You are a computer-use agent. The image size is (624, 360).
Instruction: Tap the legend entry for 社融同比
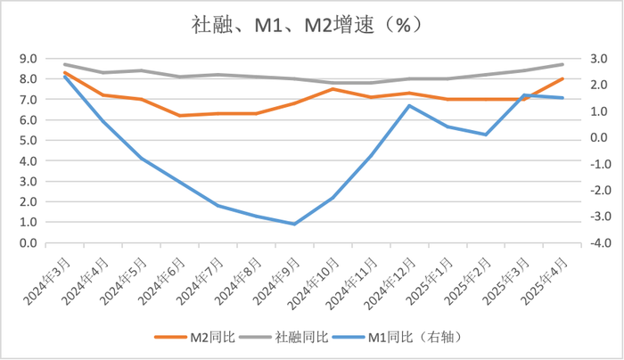(294, 337)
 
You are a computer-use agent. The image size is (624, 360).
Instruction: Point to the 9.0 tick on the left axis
(28, 59)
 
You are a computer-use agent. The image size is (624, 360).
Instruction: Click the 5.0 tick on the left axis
(28, 141)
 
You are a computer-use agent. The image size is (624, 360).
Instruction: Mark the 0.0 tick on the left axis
(28, 243)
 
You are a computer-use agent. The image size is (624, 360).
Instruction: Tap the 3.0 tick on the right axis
(594, 59)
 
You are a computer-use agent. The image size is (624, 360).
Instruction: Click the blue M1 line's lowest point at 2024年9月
(294, 224)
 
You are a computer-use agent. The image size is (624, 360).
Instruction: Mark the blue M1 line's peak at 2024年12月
(409, 106)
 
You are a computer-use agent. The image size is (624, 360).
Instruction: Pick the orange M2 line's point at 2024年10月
(333, 89)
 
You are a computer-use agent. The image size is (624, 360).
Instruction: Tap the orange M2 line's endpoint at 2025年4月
(562, 78)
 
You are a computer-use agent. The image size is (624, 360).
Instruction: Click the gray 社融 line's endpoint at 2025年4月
(562, 64)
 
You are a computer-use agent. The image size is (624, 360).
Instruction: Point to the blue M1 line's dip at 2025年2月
(486, 135)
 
